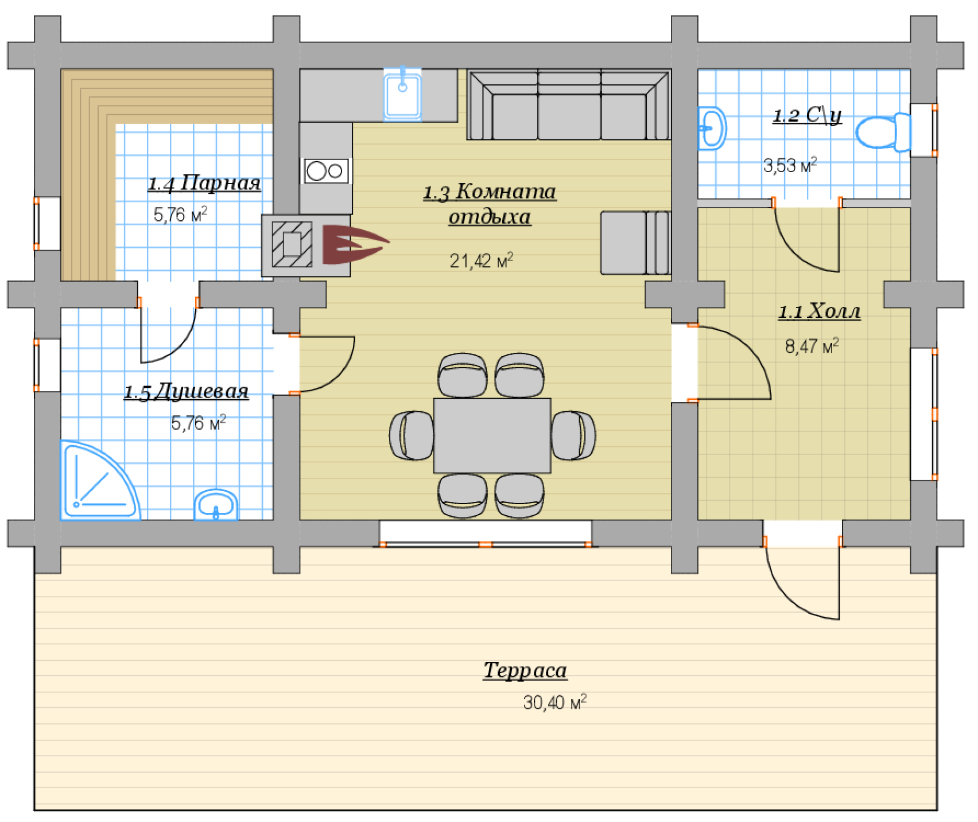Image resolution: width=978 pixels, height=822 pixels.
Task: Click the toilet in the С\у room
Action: point(883,132)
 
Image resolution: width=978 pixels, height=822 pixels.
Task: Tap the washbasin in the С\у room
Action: point(712,128)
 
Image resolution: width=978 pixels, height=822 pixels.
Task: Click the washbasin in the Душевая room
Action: point(216,505)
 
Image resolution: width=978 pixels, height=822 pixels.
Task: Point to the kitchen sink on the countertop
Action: point(402,94)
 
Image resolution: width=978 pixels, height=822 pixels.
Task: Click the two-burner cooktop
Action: point(326,170)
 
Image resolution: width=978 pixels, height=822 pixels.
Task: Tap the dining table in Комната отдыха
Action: point(492,435)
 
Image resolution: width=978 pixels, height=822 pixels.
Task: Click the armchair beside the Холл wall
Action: point(635,243)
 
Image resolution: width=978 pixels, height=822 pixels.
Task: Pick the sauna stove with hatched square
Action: point(306,246)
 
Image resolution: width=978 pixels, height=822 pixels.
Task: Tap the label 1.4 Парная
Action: point(204,184)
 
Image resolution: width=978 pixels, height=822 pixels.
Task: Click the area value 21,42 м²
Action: point(481,261)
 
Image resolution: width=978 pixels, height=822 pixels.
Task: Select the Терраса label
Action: point(525,671)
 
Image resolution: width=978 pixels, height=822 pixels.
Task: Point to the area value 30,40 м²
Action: point(554,702)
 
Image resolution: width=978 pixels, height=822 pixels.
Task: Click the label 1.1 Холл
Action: point(819,311)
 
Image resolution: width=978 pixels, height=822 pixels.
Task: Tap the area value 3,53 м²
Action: point(790,166)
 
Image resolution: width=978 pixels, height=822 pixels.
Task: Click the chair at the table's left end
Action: point(412,435)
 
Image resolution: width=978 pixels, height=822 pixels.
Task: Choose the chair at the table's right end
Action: point(573,435)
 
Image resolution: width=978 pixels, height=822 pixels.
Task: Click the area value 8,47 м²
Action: point(812,346)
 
